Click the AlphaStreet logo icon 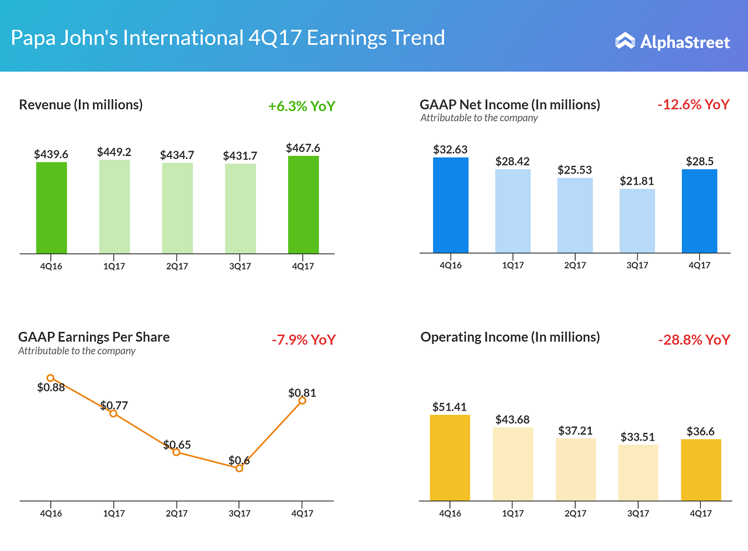[625, 41]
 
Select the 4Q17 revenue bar [303, 205]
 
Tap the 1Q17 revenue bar [115, 206]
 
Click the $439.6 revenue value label [51, 154]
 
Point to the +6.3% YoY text [302, 106]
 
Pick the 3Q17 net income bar [637, 221]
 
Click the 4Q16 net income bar [451, 205]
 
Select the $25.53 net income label [575, 170]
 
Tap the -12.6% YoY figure [693, 105]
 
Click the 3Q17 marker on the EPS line [239, 468]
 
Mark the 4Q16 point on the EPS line [50, 378]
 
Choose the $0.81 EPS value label [302, 393]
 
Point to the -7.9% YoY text [303, 339]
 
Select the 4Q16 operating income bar [450, 458]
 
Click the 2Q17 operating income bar [576, 469]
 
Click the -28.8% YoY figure [694, 339]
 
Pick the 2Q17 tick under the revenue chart [177, 266]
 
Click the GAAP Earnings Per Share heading [94, 337]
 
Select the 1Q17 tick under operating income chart [512, 514]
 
